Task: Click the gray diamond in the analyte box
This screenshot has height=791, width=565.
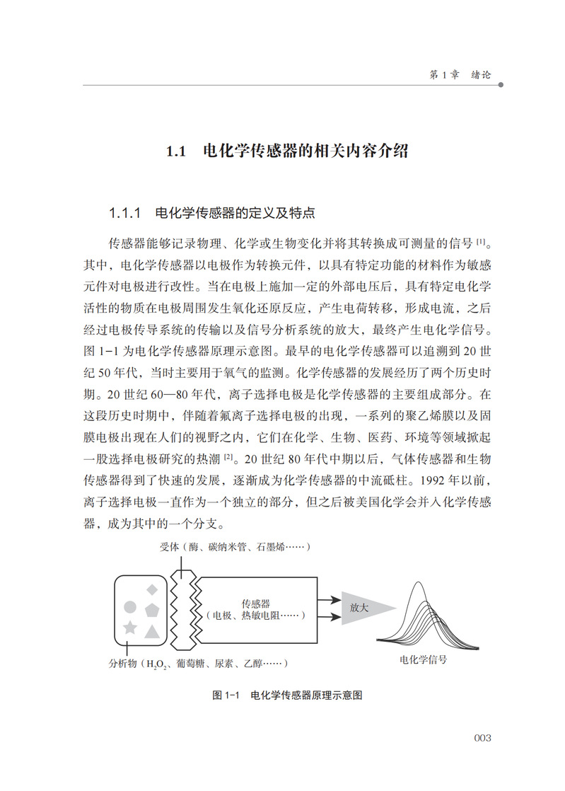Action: tap(151, 589)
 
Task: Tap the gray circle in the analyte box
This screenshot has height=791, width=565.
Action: tap(130, 606)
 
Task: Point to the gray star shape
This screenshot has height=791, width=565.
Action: tap(130, 628)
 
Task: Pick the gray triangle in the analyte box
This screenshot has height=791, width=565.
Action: tap(151, 630)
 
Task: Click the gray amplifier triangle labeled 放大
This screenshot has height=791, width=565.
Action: tap(364, 607)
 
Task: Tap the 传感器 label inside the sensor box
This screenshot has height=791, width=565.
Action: tap(255, 604)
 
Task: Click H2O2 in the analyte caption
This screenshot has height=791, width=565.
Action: tap(156, 664)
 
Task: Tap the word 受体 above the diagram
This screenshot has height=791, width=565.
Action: tap(169, 547)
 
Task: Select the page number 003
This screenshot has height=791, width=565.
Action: tap(482, 738)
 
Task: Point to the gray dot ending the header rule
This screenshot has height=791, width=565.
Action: tap(501, 86)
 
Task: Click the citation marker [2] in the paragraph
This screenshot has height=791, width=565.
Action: tap(228, 457)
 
